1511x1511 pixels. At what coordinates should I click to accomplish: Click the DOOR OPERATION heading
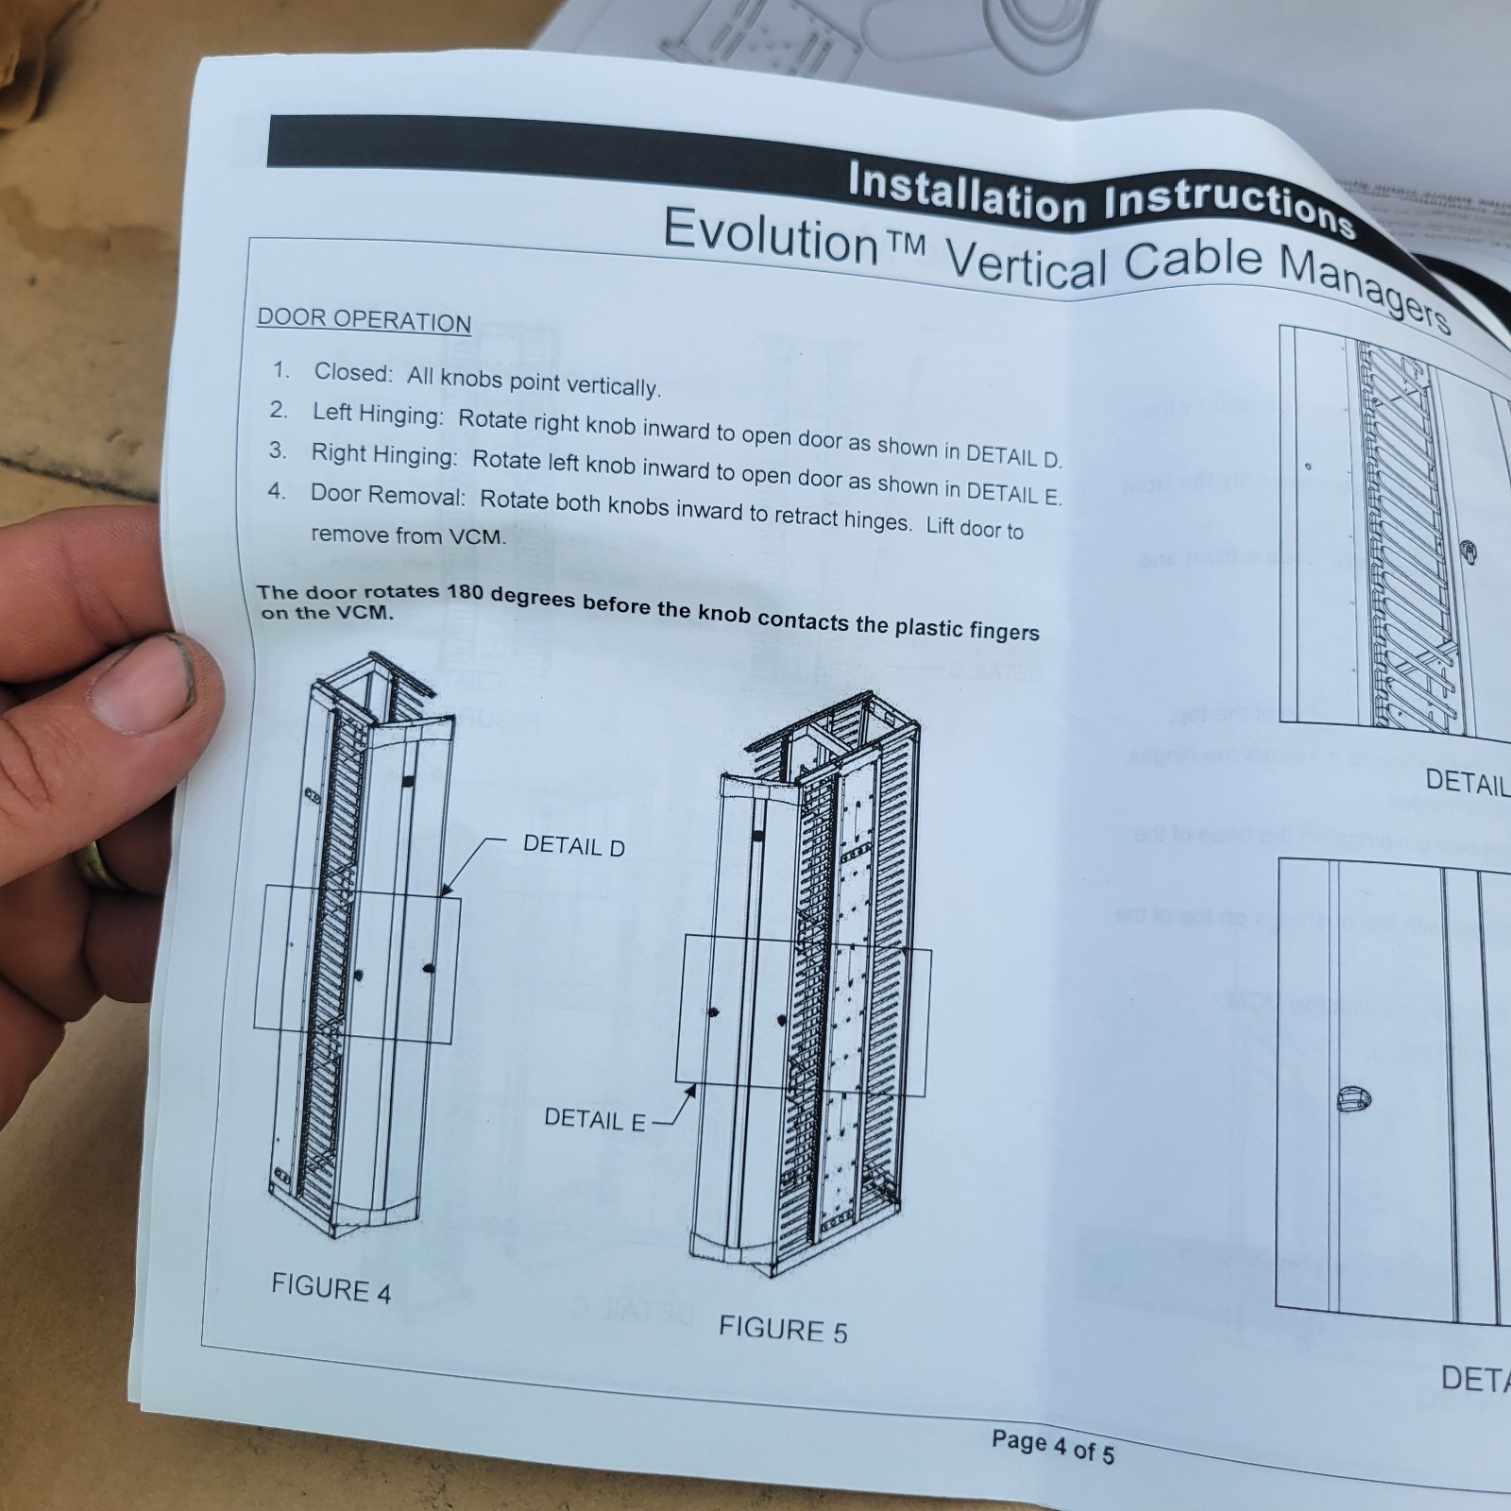coord(364,320)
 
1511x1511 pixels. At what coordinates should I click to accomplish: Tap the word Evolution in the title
coord(771,235)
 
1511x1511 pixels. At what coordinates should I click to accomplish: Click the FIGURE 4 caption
coord(331,1288)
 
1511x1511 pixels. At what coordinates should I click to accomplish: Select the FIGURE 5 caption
coord(783,1330)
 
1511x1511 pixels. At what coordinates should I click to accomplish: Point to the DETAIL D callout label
coord(573,846)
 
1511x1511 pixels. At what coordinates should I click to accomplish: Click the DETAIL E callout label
coord(594,1119)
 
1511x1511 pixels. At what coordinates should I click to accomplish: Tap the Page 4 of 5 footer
coord(1052,1445)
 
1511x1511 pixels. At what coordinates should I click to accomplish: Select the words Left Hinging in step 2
coord(375,414)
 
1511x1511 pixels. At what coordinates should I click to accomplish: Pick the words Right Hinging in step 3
coord(383,455)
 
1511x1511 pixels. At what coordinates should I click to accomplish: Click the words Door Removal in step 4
coord(387,495)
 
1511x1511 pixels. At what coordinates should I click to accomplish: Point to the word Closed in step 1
coord(352,373)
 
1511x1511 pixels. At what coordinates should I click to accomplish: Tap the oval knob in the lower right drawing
coord(1353,1099)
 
